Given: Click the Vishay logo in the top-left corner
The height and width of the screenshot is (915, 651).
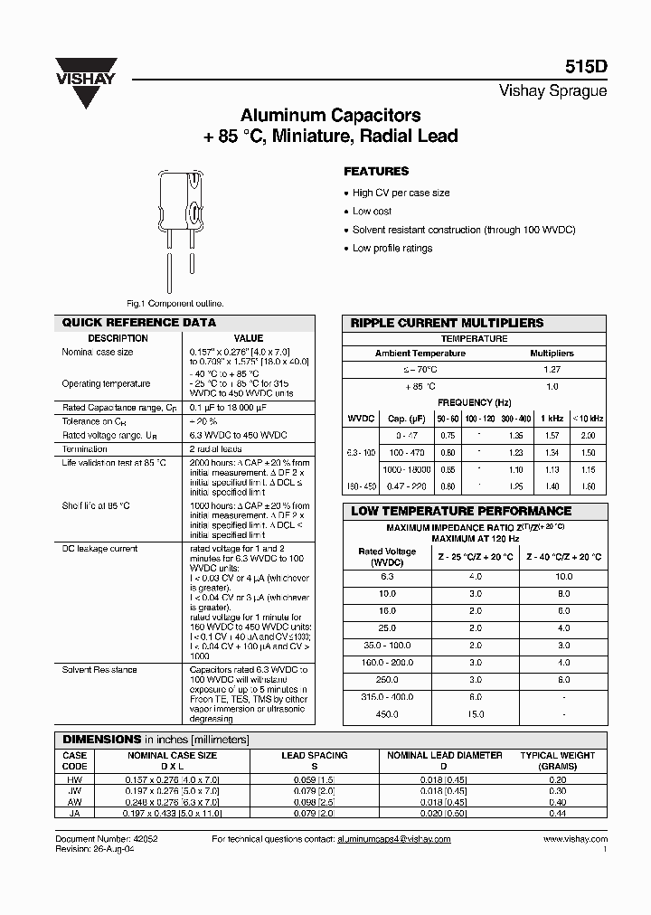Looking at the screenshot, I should [x=88, y=79].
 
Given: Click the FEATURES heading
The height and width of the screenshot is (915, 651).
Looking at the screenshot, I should [x=376, y=171].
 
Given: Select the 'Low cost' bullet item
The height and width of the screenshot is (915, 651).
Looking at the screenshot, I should [x=373, y=212].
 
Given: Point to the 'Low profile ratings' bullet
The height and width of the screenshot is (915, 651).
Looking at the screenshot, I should [x=392, y=248].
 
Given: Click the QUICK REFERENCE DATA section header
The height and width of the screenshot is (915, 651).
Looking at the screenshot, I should [x=138, y=323].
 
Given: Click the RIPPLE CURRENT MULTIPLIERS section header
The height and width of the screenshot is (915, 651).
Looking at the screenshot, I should [x=447, y=323].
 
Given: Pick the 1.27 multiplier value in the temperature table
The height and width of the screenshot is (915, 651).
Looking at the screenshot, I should [x=552, y=369].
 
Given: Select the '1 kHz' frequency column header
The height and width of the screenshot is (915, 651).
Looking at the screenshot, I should [x=552, y=419].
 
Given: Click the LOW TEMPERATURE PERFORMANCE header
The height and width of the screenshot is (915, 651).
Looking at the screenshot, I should [x=461, y=511].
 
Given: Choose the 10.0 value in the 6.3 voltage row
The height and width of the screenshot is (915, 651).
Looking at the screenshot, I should [x=564, y=576].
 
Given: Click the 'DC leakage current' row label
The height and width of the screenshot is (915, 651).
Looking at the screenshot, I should [x=99, y=548].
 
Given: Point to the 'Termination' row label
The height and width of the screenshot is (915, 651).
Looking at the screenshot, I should [x=86, y=448].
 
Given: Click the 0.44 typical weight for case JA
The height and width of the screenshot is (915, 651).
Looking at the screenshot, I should [x=557, y=813].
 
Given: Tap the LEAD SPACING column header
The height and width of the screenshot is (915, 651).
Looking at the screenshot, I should [x=315, y=755].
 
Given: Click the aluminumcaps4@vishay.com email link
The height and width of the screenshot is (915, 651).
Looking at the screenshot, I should [x=393, y=839].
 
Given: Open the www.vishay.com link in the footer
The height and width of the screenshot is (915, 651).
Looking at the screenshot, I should [x=574, y=839].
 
